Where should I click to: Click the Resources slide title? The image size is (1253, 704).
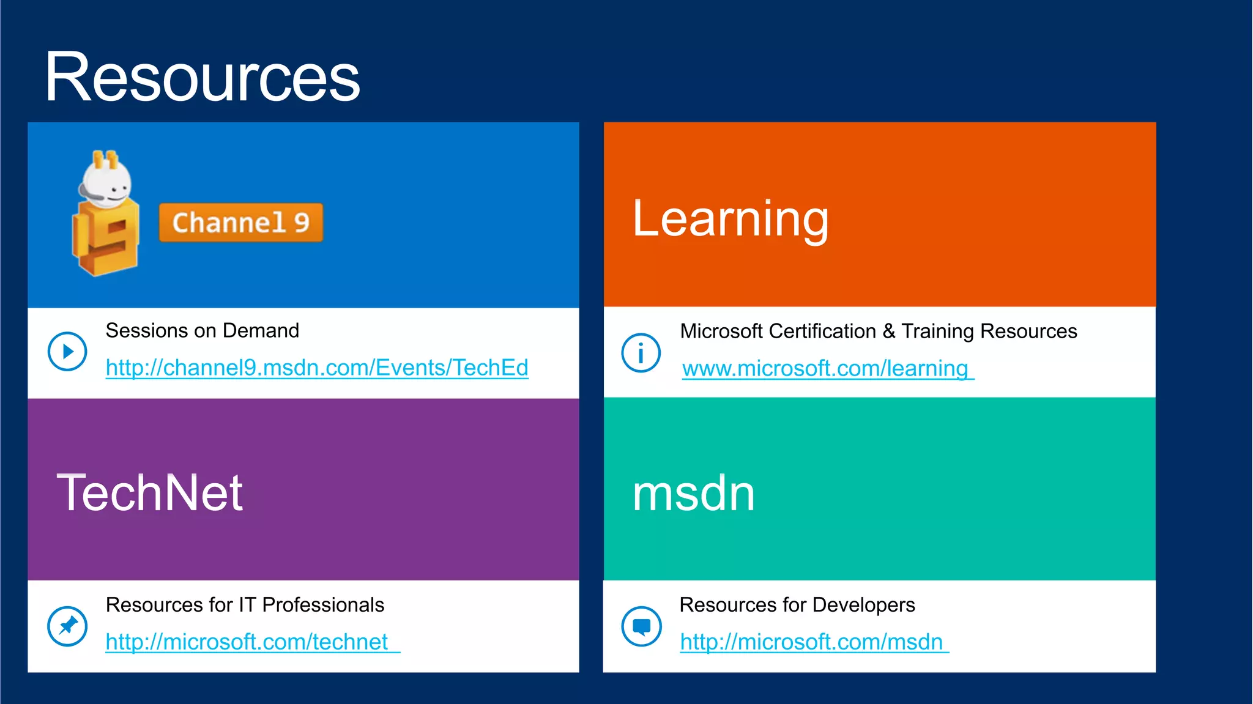[x=202, y=78]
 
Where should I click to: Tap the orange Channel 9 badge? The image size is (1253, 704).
[x=240, y=223]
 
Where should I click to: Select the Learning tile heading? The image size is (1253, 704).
[x=731, y=219]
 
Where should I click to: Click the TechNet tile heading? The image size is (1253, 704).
[x=150, y=493]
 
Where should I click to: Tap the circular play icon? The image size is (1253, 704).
[x=67, y=352]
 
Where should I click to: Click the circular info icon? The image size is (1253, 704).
[x=641, y=353]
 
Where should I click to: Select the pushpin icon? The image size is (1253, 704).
[x=67, y=626]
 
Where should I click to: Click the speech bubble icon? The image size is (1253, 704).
[x=641, y=626]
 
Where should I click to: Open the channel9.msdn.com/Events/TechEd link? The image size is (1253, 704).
[x=317, y=368]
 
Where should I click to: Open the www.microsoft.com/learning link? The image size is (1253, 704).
[x=825, y=368]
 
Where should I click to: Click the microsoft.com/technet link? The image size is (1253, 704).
[x=247, y=642]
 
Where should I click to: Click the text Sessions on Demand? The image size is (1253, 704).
[x=203, y=330]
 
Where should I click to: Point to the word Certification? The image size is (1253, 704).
[x=822, y=331]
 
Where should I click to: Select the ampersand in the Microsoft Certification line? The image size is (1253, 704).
[x=889, y=331]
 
